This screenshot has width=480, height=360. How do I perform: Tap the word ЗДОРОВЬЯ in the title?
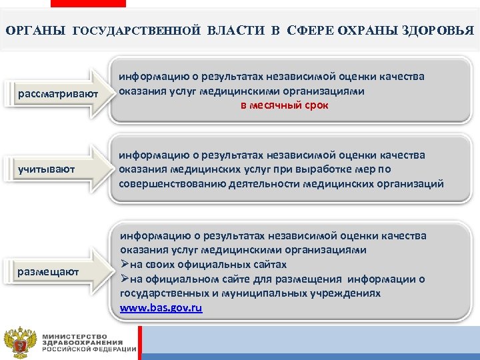439,31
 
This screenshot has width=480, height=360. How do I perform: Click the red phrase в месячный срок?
285,105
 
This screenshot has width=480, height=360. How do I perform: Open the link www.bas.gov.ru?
161,308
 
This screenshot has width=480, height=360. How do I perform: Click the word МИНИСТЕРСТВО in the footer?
75,335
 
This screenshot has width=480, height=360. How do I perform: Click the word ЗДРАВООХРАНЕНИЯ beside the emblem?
79,342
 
